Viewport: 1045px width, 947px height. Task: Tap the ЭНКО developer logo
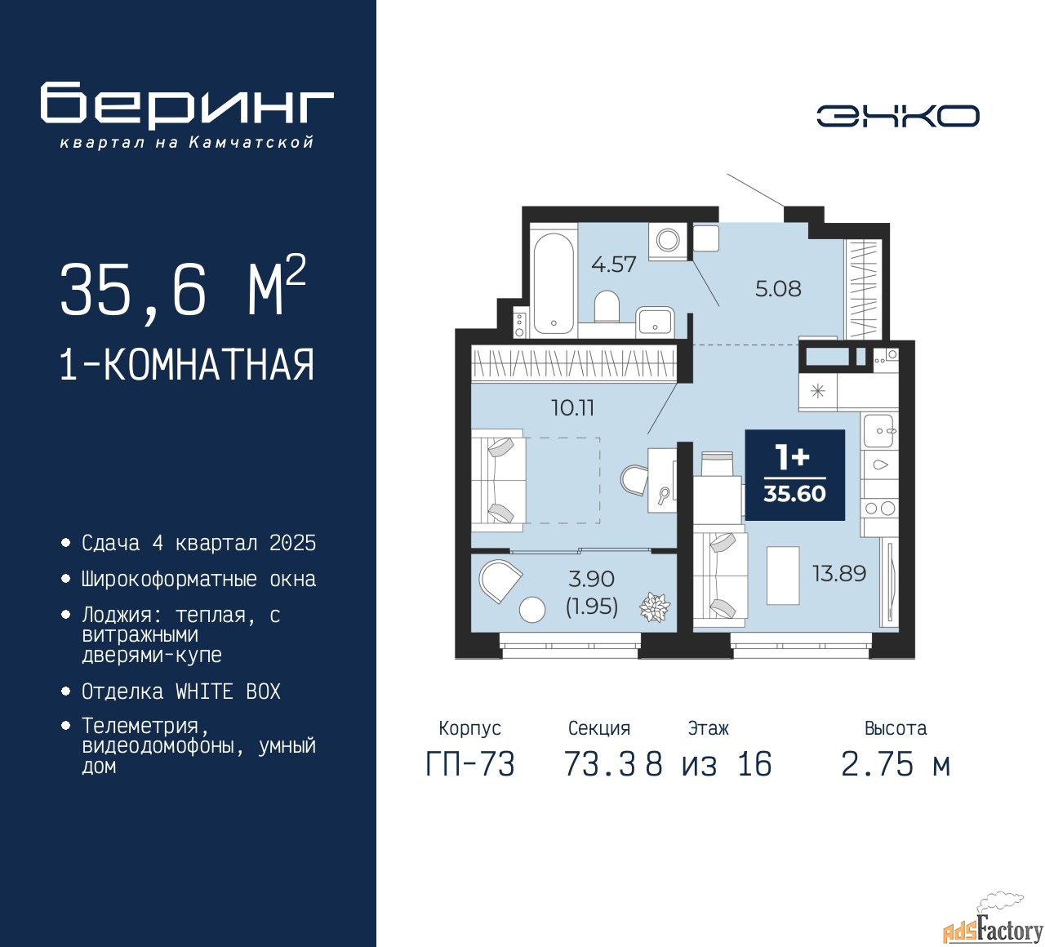(x=897, y=116)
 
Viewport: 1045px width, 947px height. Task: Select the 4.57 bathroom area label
(x=614, y=265)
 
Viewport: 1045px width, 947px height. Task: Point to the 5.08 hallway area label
(x=778, y=288)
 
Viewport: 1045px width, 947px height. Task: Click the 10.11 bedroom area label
(x=573, y=407)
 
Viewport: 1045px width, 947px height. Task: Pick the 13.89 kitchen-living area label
(x=839, y=574)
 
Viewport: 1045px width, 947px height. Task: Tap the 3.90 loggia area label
(x=591, y=579)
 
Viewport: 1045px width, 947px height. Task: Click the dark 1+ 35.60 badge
(x=795, y=475)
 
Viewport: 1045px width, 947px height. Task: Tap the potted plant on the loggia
(x=655, y=607)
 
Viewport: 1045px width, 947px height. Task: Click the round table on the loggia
(x=531, y=609)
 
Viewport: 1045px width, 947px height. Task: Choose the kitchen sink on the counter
(x=880, y=431)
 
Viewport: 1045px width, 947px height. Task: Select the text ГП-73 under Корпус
(x=470, y=765)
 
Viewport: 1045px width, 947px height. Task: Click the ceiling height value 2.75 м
(x=896, y=765)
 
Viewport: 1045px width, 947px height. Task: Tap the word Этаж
(x=709, y=728)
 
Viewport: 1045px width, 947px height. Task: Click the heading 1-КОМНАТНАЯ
(x=188, y=365)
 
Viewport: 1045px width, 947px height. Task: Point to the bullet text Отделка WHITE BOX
(x=180, y=691)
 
